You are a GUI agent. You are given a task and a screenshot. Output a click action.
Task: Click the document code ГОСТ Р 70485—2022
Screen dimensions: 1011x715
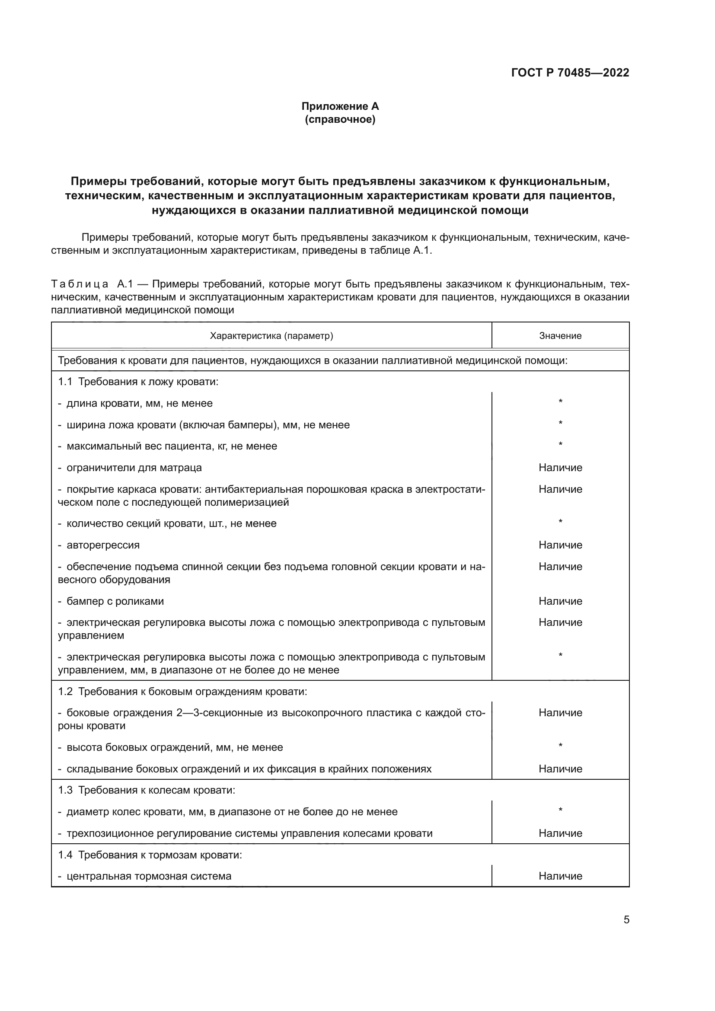[570, 73]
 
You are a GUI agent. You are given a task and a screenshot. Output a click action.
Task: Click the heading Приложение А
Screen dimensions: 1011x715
[340, 106]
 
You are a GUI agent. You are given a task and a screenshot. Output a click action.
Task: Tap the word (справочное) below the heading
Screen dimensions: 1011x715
[340, 119]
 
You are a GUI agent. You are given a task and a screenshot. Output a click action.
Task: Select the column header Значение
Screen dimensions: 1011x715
[560, 336]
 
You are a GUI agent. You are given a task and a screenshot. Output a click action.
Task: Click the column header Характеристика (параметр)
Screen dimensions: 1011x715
[271, 336]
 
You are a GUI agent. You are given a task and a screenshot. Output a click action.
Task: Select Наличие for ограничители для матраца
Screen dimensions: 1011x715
[560, 468]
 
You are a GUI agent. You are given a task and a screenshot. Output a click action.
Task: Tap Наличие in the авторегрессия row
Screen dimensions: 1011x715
[560, 545]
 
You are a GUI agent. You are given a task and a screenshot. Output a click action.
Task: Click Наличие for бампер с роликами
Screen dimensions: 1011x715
[560, 602]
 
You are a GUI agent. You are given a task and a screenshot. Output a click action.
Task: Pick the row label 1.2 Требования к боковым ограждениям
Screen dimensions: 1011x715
[182, 692]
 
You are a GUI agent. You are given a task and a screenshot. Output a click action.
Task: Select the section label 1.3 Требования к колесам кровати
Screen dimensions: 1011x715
[147, 791]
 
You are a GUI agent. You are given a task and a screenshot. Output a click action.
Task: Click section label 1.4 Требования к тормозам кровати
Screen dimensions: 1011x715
[150, 855]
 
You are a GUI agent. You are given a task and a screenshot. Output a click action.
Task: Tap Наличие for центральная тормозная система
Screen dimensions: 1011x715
[560, 876]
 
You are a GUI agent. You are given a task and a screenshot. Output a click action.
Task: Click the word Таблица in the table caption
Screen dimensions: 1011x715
[80, 284]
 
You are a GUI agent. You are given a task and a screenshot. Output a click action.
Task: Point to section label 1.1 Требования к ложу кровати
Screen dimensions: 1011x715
[138, 382]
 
